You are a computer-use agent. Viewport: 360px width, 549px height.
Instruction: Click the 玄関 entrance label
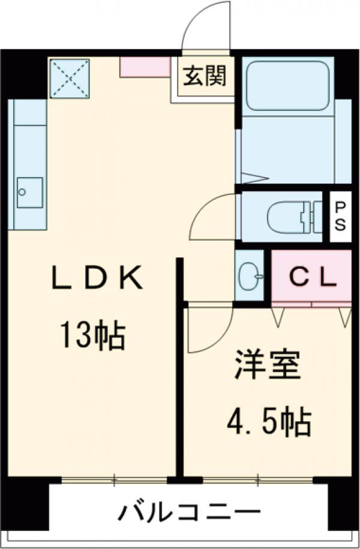205,76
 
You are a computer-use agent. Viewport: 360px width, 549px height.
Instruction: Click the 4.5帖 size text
268,422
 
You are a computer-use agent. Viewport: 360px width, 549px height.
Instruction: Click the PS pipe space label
340,216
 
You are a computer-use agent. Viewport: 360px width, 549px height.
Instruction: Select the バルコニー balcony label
190,514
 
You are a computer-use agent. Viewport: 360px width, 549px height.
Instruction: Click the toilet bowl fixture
287,217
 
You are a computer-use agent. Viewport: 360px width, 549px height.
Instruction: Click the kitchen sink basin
29,192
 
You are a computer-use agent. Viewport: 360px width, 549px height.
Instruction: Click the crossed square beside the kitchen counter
69,78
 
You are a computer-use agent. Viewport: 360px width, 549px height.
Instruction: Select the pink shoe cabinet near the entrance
145,67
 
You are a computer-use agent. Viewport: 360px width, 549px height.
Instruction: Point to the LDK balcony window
114,479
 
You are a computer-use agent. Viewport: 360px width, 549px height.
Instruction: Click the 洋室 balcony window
258,479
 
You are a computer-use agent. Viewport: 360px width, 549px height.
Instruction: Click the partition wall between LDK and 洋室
179,366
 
